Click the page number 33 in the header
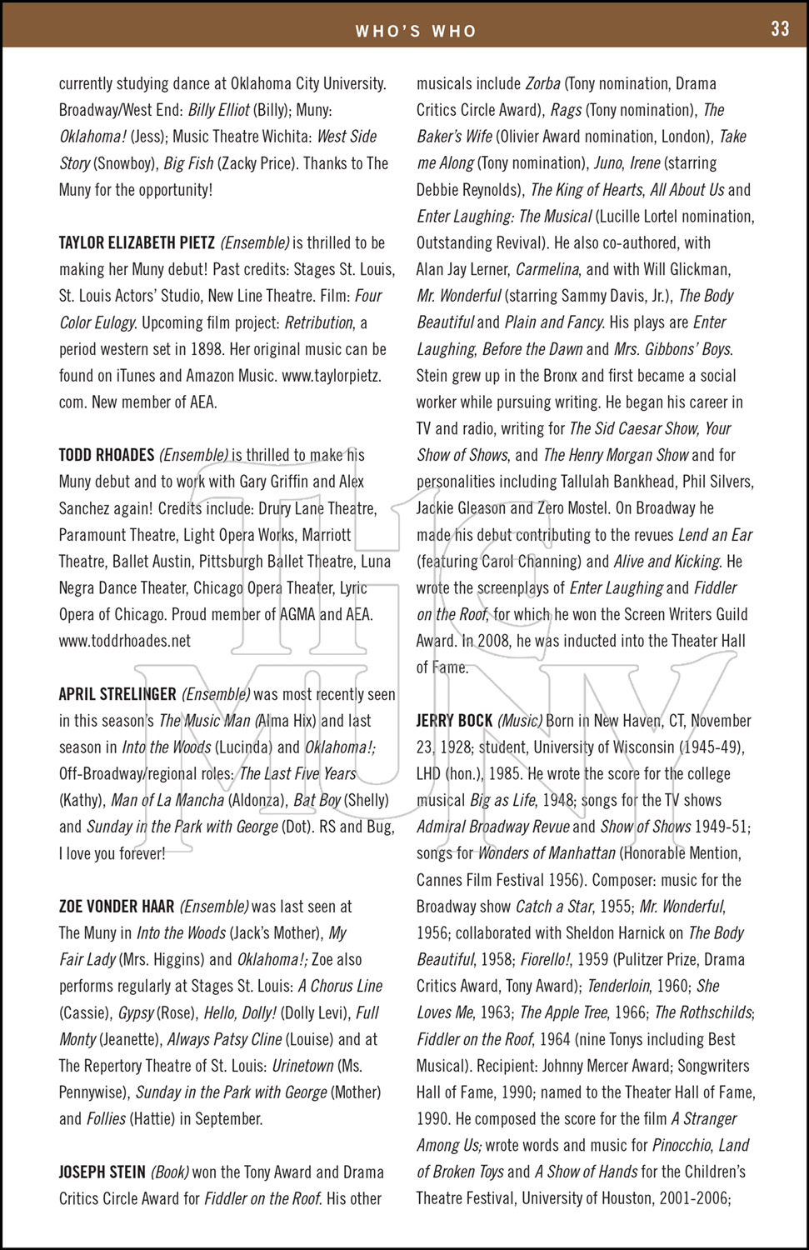coord(780,29)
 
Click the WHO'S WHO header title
coord(416,32)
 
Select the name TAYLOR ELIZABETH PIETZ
coord(137,243)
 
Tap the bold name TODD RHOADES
coord(107,455)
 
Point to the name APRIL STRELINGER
coord(117,694)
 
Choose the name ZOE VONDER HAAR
coord(117,907)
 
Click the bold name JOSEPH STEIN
coord(102,1172)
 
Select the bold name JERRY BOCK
coord(454,721)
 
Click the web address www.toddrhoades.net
coord(125,641)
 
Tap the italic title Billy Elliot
coord(218,110)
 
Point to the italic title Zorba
coord(542,83)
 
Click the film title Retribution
coord(318,322)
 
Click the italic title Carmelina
coord(547,269)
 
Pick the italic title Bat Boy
coord(317,800)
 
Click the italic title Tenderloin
coord(617,986)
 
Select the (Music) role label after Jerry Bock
coord(520,721)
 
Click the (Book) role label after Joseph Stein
coord(169,1172)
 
